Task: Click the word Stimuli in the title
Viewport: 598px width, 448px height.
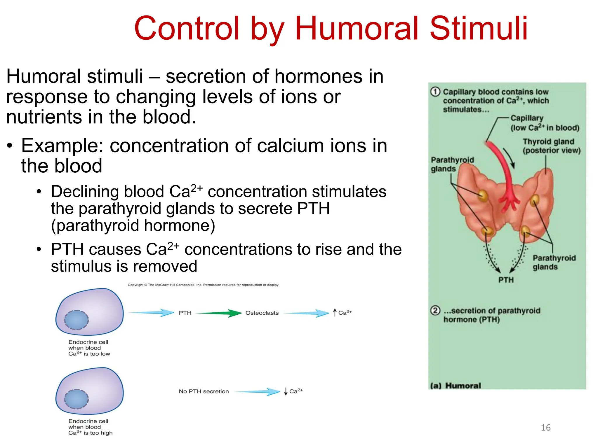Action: pos(479,28)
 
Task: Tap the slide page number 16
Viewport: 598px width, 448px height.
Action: pos(545,428)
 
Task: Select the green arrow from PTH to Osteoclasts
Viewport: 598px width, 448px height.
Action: pos(219,313)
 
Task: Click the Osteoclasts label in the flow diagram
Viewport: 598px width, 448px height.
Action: pos(262,313)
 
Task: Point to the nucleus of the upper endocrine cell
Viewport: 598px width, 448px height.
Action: pos(77,320)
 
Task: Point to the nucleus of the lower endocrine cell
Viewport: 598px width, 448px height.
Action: pos(77,399)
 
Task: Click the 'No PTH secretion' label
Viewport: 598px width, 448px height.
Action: pos(204,391)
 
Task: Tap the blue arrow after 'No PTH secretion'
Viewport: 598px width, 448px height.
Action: pos(257,391)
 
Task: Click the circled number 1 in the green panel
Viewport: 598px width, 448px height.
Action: pos(435,92)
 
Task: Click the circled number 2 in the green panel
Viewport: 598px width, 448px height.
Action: pos(435,310)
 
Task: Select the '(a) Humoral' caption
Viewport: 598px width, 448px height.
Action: pos(456,386)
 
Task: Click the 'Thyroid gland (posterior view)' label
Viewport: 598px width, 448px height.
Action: pos(551,146)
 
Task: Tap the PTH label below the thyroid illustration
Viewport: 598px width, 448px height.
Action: pos(506,280)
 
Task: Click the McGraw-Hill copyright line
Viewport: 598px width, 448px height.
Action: pos(203,285)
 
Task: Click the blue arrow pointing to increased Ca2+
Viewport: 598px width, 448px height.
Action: pos(307,313)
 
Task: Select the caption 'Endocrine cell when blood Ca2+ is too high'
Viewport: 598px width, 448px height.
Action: pos(90,427)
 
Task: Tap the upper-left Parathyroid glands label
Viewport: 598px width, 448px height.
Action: pos(452,164)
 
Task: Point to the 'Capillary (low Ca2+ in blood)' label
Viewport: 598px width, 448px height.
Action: pos(544,123)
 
